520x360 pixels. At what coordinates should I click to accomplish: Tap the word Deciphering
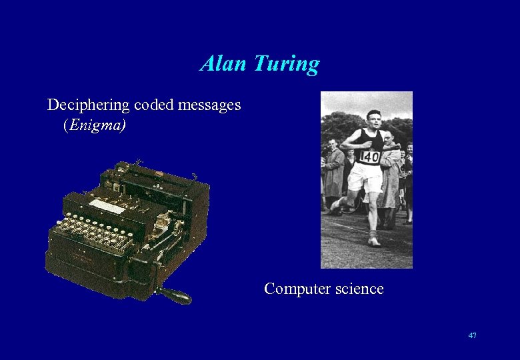click(x=89, y=105)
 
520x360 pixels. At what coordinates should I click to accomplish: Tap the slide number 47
click(x=472, y=335)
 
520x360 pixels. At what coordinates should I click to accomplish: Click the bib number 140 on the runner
click(x=369, y=157)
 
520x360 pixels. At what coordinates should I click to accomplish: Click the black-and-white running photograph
click(x=367, y=180)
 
